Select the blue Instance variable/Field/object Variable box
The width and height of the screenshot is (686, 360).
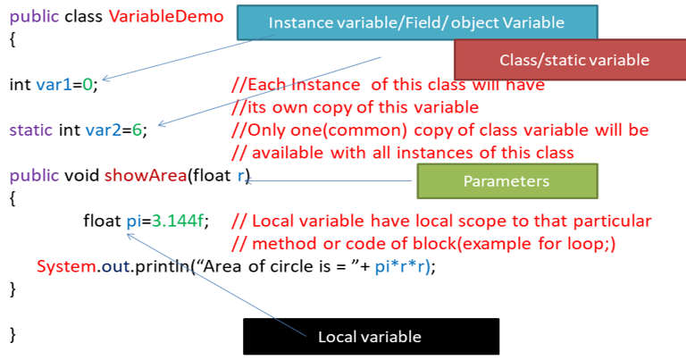tap(415, 21)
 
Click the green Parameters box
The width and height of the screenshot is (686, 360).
tap(506, 181)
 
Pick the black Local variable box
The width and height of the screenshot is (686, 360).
tap(370, 337)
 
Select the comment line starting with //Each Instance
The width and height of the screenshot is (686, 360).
tap(387, 86)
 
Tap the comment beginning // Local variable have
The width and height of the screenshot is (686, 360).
tap(440, 221)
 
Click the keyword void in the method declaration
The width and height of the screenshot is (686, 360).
tap(82, 175)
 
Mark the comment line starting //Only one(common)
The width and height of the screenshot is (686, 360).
tap(439, 130)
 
